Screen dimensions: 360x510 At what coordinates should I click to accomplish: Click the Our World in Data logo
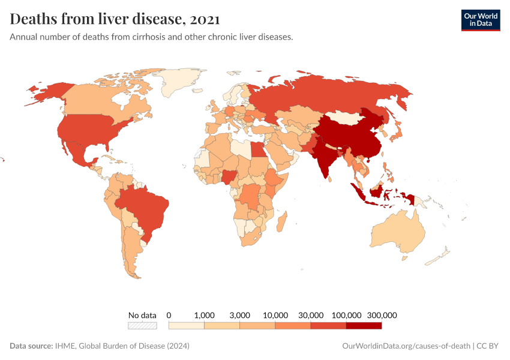click(x=481, y=20)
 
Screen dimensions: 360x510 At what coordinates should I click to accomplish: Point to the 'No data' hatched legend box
click(x=142, y=326)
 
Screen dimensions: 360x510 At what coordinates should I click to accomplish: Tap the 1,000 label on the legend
click(x=205, y=315)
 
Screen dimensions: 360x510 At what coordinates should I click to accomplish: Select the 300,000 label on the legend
click(x=382, y=315)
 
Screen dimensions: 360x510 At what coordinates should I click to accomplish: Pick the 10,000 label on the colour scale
click(x=275, y=315)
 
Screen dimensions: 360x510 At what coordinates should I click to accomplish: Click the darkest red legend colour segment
click(x=364, y=326)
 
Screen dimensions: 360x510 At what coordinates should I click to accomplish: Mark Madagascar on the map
click(x=281, y=223)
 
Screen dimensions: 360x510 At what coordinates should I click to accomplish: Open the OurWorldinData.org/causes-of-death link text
click(x=406, y=346)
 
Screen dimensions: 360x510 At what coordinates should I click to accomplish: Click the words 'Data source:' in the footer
click(x=31, y=346)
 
